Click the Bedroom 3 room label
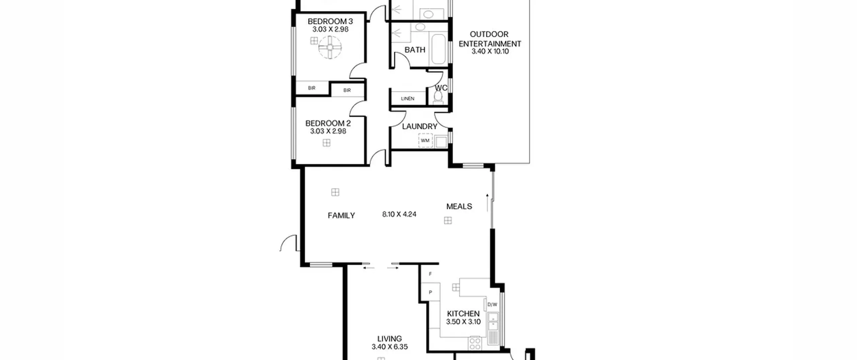(x=330, y=21)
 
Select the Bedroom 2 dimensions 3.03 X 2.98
(x=328, y=131)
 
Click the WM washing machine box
(x=425, y=141)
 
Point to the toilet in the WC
(x=438, y=97)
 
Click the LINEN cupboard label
(x=408, y=99)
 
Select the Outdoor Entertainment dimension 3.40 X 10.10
(x=490, y=52)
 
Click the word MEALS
(x=459, y=206)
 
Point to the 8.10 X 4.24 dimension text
(x=399, y=214)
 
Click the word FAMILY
(x=341, y=216)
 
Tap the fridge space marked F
(x=430, y=274)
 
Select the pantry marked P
(x=430, y=292)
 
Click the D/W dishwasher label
(x=492, y=305)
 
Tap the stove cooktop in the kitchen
(x=475, y=343)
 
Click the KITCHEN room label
(x=463, y=314)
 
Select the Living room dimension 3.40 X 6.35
(x=390, y=347)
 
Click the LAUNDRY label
(x=419, y=127)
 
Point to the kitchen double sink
(x=493, y=321)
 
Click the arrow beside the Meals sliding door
(x=487, y=203)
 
